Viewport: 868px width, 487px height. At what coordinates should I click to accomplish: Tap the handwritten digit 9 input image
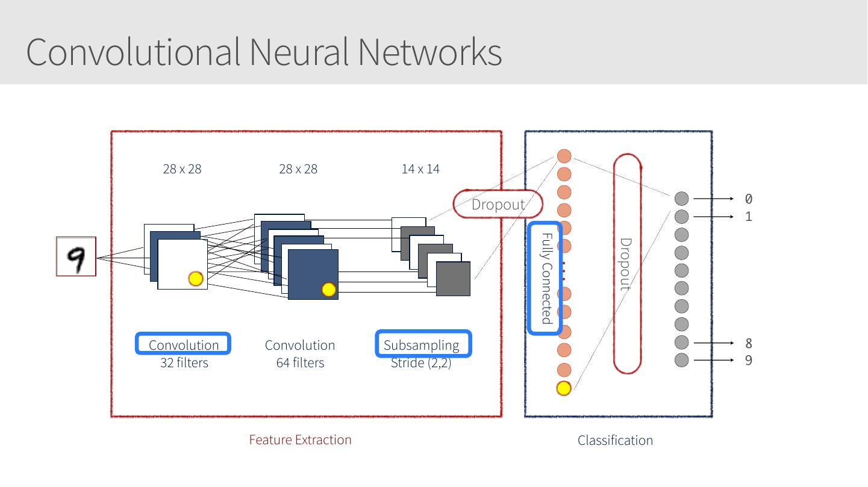coord(76,256)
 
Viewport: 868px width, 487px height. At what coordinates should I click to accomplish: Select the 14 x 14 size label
coord(420,169)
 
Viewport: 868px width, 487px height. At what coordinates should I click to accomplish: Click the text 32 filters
coord(184,363)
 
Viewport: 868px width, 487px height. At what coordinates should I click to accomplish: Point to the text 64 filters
coord(300,363)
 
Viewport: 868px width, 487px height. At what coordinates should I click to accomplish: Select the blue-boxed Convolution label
coord(183,344)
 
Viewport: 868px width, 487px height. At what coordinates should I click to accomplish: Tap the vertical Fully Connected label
coord(546,278)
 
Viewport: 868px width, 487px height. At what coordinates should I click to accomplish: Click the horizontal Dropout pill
coord(498,204)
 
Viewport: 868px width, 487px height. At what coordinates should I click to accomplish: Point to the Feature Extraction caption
coord(300,440)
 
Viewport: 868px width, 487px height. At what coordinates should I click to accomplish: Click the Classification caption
coord(615,441)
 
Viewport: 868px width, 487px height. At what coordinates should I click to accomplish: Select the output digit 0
coord(749,199)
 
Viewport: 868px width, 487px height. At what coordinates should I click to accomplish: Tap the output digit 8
coord(749,343)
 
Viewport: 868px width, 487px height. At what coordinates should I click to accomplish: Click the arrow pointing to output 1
coord(713,216)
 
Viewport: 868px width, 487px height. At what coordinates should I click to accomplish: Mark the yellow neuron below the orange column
coord(563,388)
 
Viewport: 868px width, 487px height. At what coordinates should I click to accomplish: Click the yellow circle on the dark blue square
coord(328,290)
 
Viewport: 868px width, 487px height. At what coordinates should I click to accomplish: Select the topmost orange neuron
coord(564,157)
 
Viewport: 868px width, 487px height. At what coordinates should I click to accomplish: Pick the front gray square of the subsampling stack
coord(453,279)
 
